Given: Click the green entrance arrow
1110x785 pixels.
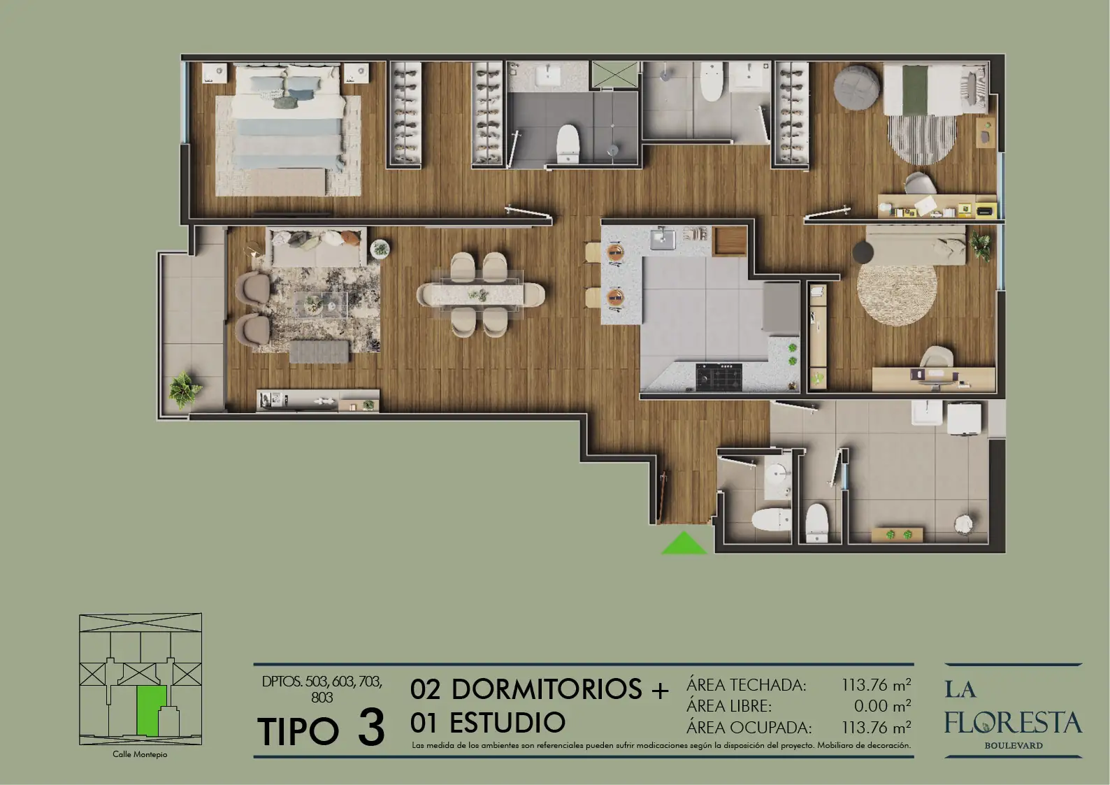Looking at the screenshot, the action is click(684, 544).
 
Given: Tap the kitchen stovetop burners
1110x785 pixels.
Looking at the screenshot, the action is click(719, 377).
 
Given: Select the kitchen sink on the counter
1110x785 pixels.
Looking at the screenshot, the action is click(663, 238).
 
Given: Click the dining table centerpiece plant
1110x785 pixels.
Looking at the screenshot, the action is click(478, 295).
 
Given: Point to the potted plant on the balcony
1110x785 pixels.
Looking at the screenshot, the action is click(184, 389).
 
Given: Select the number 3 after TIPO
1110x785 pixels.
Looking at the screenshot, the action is click(371, 728).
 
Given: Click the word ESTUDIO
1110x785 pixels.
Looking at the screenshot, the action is click(507, 723).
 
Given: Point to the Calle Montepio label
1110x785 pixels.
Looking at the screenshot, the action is click(140, 754).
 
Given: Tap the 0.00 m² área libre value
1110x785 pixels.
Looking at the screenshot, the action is click(883, 705).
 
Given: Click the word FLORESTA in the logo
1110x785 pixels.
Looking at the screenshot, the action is click(1013, 723).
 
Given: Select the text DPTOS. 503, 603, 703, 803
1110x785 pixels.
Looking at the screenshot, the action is click(322, 689).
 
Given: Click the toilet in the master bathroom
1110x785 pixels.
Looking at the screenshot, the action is click(568, 143).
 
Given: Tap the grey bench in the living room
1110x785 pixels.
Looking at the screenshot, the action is click(319, 352).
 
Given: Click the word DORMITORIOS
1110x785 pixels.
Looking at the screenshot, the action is click(547, 689).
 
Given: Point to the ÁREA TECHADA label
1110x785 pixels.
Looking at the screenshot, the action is click(747, 684).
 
